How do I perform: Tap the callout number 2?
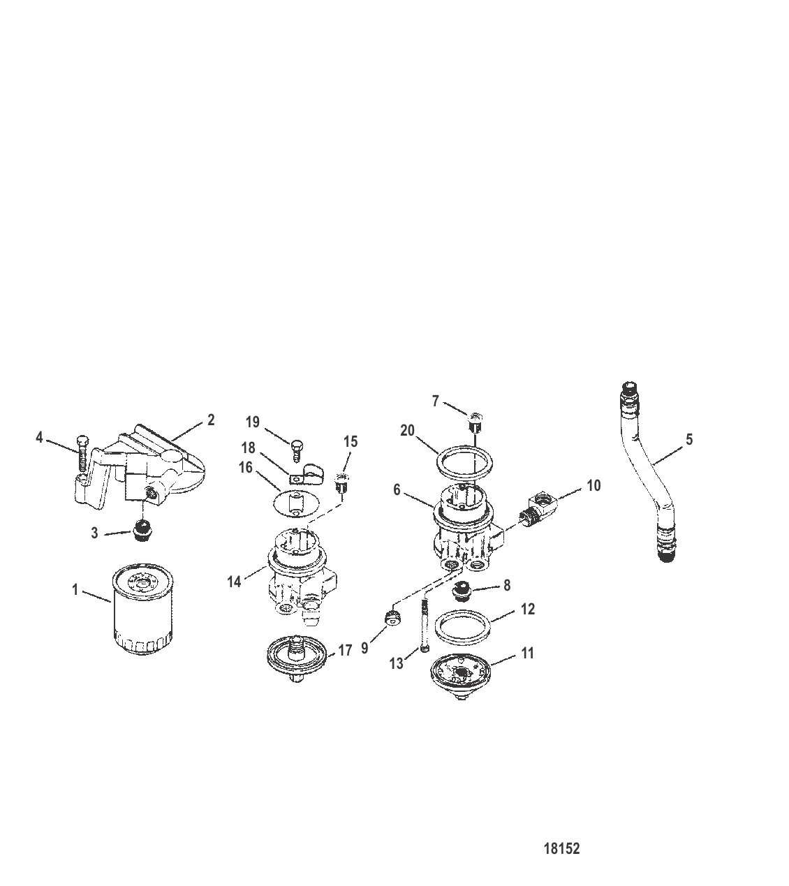pos(211,420)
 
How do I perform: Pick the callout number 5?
pos(689,439)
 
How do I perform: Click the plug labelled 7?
pos(475,422)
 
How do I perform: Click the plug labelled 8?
pos(461,591)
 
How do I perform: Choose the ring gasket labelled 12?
pos(462,628)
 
